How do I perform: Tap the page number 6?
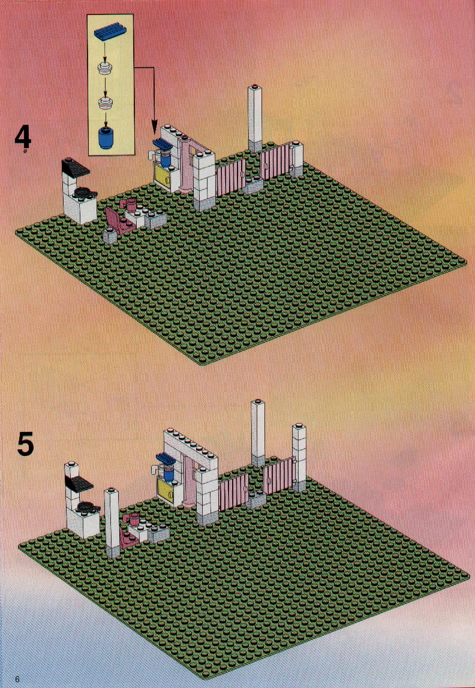(17, 679)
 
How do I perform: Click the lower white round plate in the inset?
(106, 104)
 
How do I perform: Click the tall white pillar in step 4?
(255, 119)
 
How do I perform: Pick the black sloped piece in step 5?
(79, 483)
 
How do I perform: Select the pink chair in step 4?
(115, 220)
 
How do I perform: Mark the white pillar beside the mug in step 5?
(112, 522)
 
